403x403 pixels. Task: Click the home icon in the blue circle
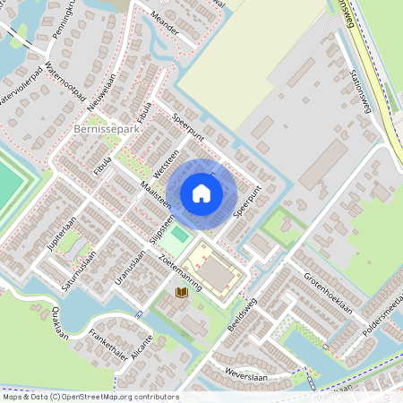click(x=201, y=193)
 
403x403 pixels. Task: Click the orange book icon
click(x=181, y=293)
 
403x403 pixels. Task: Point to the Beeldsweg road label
click(x=242, y=314)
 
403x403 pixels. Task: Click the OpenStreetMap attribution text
click(x=90, y=397)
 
